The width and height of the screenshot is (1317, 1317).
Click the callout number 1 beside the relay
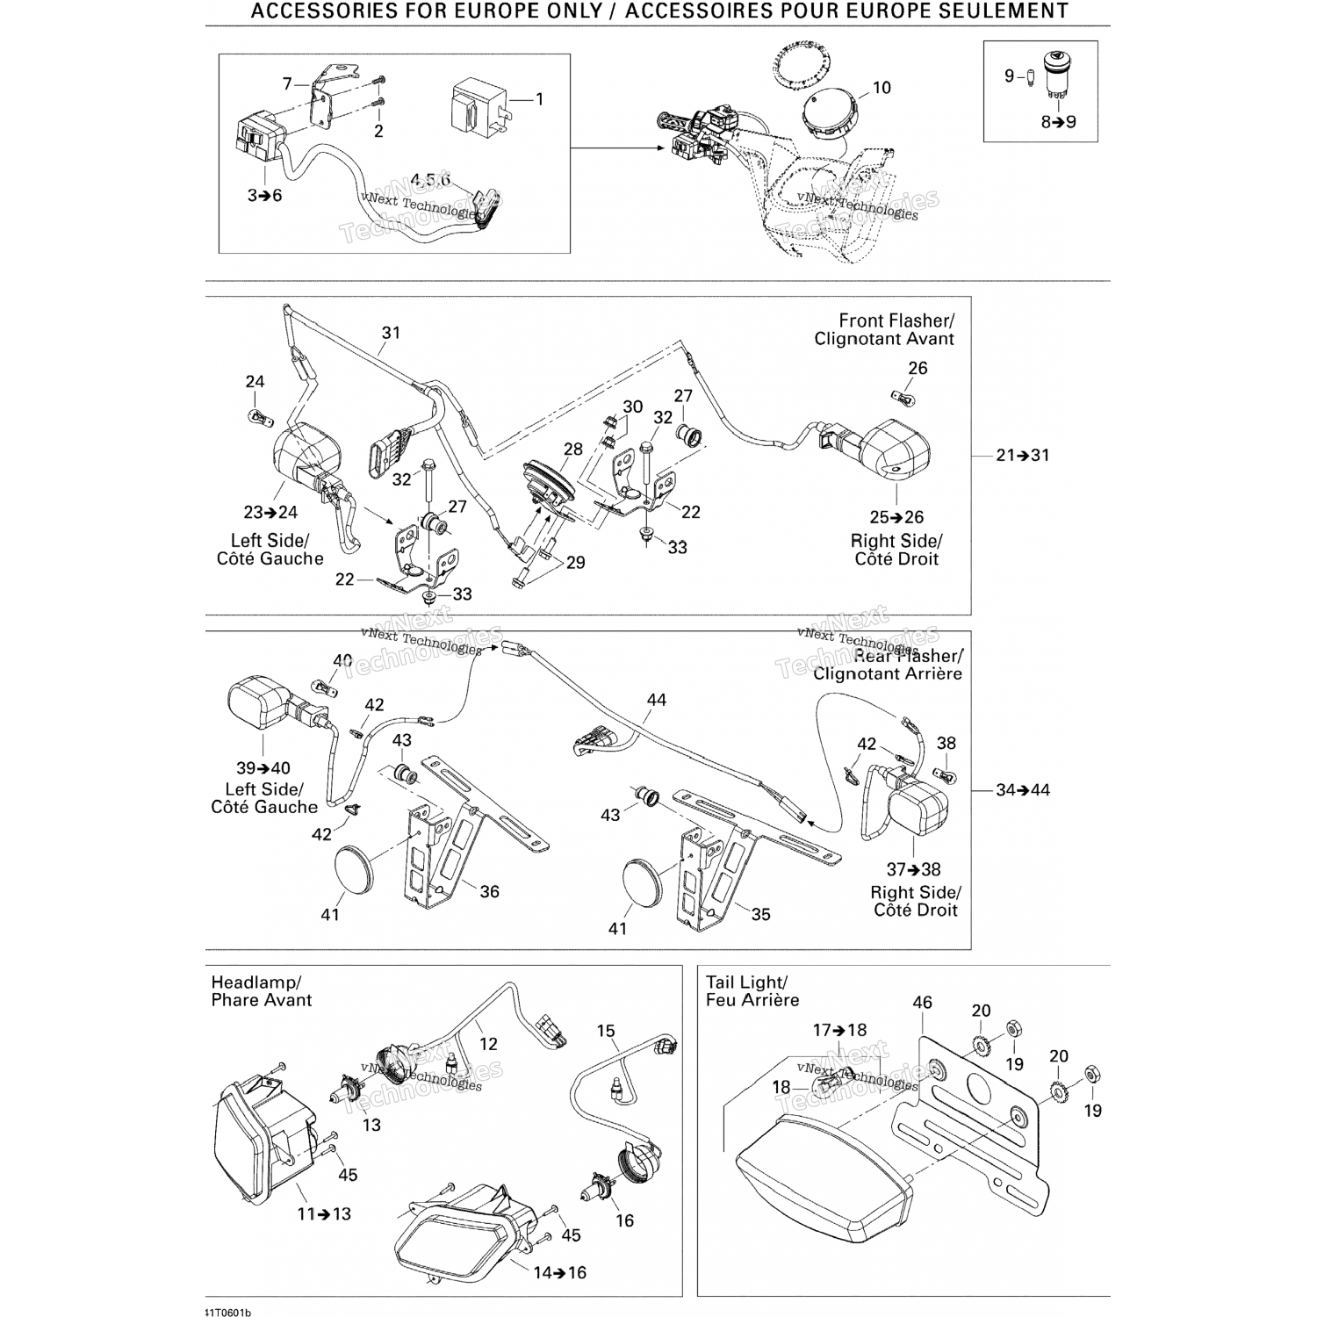[x=540, y=99]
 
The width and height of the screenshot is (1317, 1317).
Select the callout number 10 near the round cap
[x=881, y=88]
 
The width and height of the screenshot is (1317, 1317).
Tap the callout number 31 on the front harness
[x=391, y=333]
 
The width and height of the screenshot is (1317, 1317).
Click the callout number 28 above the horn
[x=572, y=450]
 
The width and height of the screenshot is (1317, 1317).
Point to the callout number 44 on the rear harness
[x=656, y=700]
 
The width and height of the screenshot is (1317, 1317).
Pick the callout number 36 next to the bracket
[x=489, y=892]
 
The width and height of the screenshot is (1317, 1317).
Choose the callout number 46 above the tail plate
[x=922, y=1003]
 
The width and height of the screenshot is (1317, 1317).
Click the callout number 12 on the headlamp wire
[x=488, y=1044]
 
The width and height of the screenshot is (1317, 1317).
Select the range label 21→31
[x=1023, y=455]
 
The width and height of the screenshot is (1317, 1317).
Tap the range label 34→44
[x=1023, y=789]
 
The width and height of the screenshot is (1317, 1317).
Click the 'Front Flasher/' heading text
[x=896, y=321]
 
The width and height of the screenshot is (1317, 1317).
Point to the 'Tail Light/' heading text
[x=747, y=982]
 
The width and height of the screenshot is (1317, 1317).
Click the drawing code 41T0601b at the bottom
[x=227, y=1312]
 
